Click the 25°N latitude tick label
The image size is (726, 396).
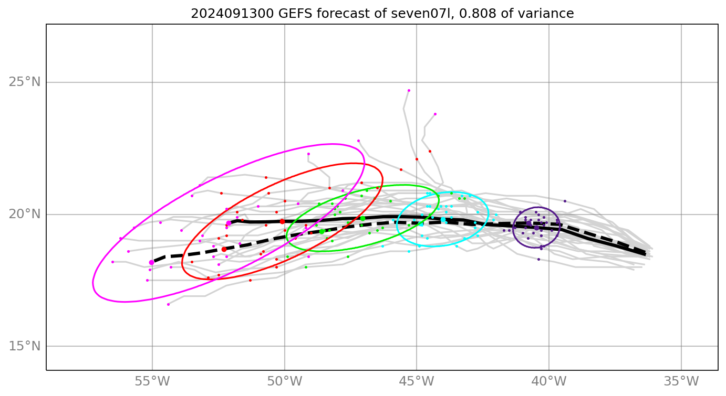pos(25,82)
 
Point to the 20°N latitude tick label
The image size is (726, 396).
pos(25,214)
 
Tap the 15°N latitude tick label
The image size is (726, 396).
pos(25,346)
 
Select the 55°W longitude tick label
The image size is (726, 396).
pos(152,381)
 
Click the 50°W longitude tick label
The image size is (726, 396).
pos(285,381)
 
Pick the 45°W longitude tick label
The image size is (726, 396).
pos(417,381)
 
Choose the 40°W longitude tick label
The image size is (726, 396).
pos(549,381)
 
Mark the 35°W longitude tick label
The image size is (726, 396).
pos(681,381)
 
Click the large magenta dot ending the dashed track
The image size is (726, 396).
pos(152,262)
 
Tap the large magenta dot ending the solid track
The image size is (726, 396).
pos(229,223)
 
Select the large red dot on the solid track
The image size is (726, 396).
pos(282,221)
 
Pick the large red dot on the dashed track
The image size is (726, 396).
pos(224,249)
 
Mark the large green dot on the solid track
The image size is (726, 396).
pos(362,218)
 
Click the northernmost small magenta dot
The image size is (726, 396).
pos(409,90)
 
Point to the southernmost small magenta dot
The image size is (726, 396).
pos(168,304)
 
